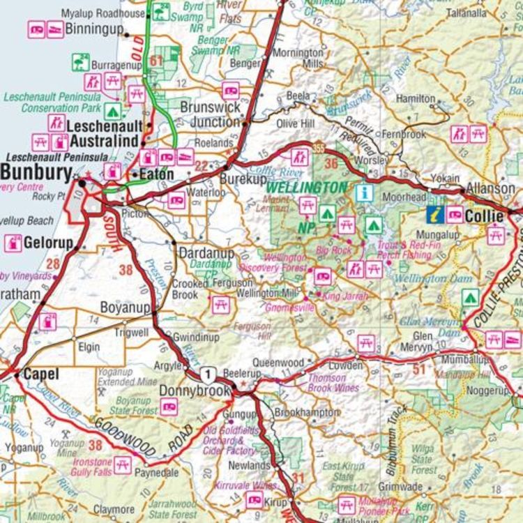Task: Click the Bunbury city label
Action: pos(36,173)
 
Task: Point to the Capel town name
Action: pos(41,374)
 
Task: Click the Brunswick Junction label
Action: pos(210,115)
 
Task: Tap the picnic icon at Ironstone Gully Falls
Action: pos(123,464)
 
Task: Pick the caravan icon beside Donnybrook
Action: pos(169,407)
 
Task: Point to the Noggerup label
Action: pos(486,391)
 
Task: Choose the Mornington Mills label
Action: pos(298,58)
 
